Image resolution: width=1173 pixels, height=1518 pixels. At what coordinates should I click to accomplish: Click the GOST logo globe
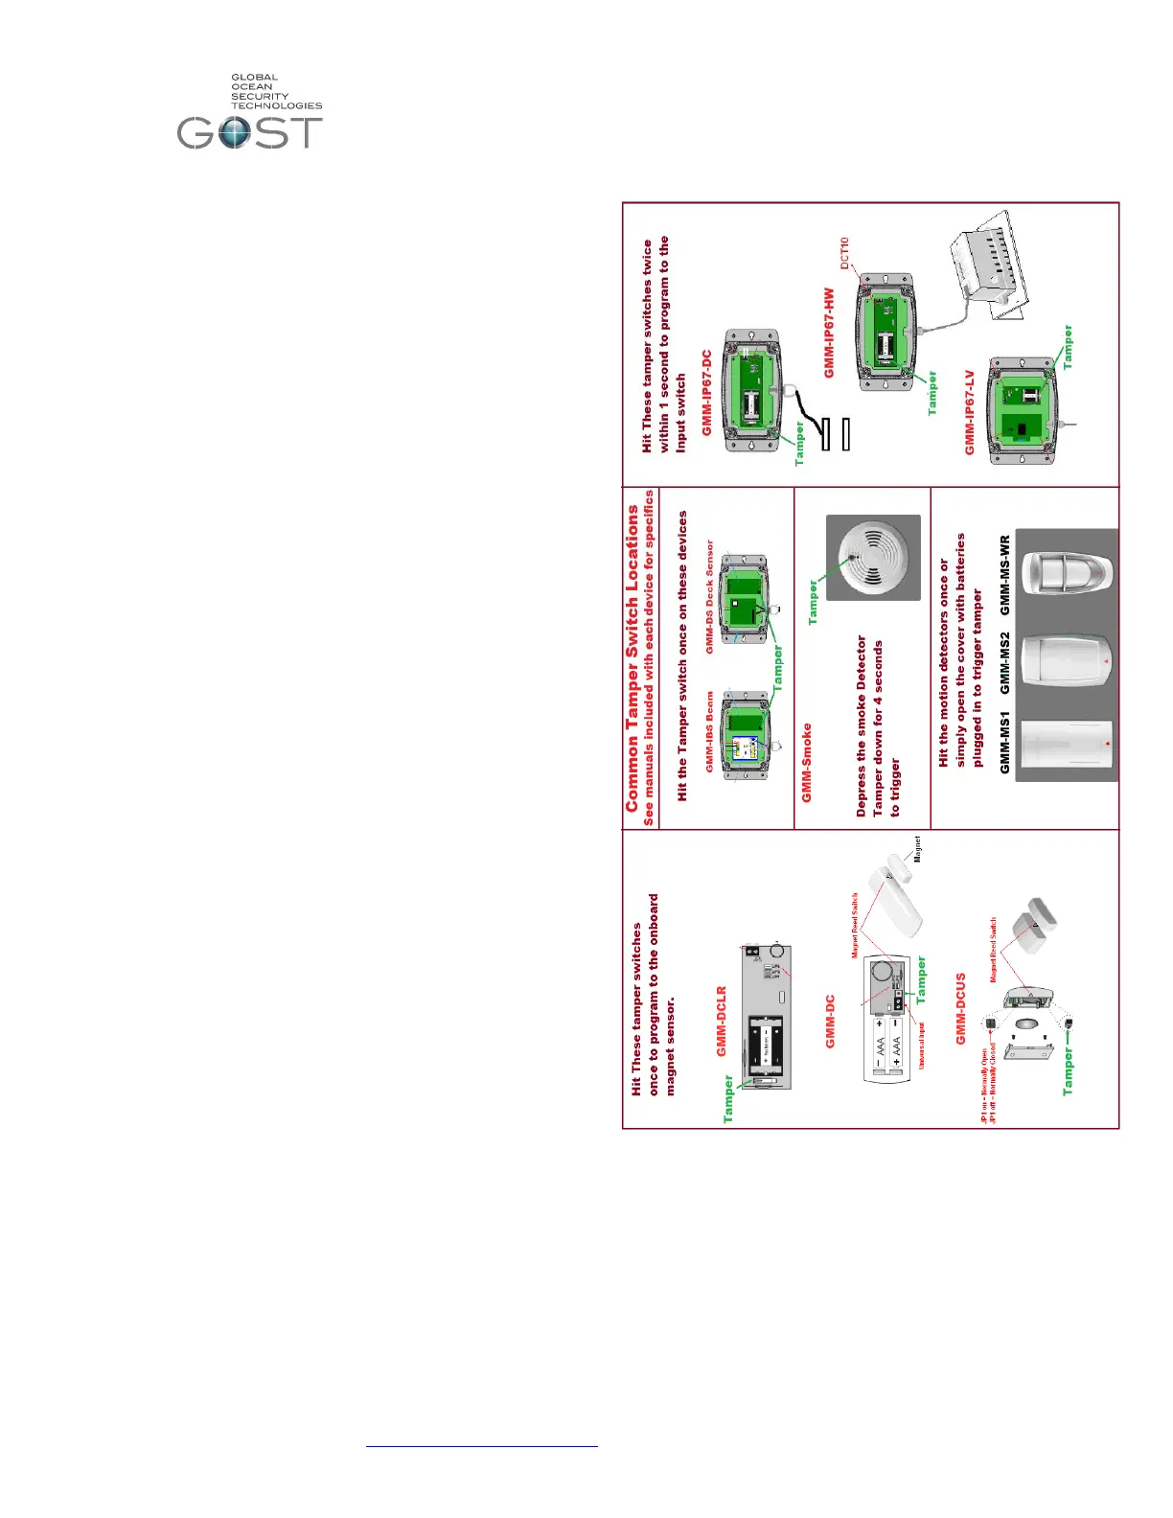234,132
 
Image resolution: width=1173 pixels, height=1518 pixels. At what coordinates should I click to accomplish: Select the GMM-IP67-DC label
707,393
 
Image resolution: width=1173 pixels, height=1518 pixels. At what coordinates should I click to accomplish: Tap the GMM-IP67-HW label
830,333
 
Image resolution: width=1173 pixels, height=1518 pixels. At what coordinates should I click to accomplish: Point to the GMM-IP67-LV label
969,413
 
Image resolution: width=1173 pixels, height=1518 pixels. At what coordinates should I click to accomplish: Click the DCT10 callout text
844,253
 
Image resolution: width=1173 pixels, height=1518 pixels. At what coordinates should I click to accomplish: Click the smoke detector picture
873,558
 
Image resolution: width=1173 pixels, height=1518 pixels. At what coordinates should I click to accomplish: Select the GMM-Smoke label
807,763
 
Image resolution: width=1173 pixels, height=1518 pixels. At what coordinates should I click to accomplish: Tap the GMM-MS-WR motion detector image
1066,573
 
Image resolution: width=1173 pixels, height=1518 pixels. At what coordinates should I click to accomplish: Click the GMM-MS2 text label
1004,662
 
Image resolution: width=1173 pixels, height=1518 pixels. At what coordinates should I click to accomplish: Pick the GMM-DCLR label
722,1022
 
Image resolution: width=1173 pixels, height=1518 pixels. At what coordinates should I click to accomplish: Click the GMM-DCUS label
960,1009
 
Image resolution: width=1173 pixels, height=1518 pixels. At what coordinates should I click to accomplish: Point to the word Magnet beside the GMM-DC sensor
917,849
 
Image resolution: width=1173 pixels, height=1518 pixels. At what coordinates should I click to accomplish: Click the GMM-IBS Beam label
710,731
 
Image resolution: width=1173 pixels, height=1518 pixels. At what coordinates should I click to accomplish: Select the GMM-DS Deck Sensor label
710,596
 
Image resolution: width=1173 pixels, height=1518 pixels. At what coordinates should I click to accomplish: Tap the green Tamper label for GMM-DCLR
728,1098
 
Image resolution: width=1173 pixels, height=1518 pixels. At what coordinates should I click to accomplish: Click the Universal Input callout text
922,1046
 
